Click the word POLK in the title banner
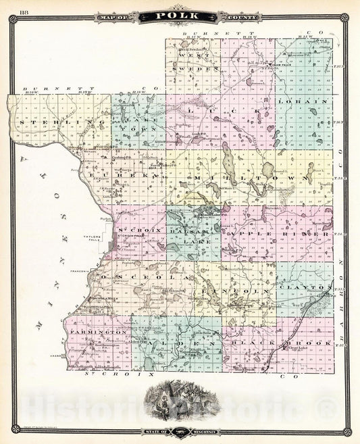tap(180, 15)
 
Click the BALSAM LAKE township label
tap(192, 231)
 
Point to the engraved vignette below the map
tap(180, 399)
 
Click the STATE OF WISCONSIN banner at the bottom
tap(180, 430)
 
